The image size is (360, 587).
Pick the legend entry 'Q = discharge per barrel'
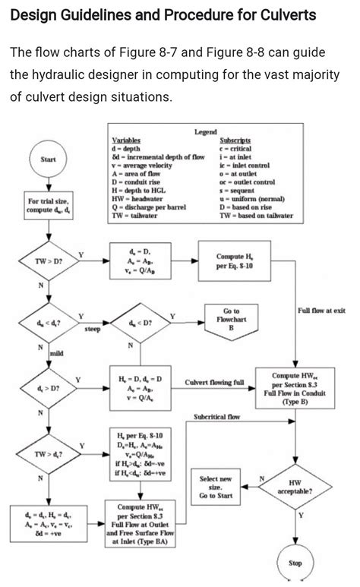click(149, 206)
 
